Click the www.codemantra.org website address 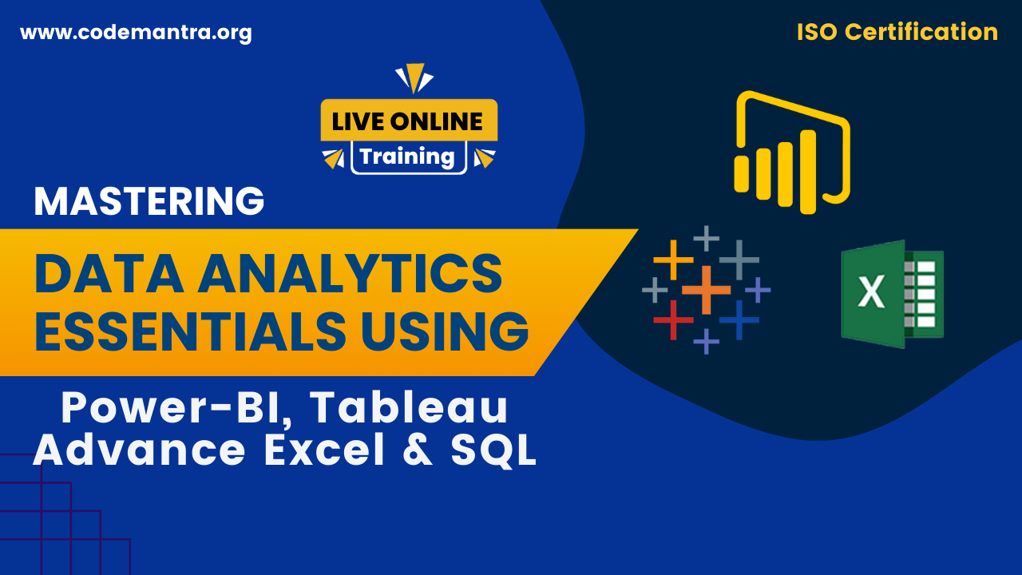136,33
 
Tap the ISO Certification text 897,32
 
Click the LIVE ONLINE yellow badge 409,120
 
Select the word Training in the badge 407,157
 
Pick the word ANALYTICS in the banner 350,273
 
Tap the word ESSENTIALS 190,331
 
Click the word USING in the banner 446,331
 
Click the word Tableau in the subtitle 409,407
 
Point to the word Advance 139,450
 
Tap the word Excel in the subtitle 325,450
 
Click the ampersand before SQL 418,450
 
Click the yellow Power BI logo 792,153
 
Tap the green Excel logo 893,295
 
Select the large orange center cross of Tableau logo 707,290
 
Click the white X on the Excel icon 871,292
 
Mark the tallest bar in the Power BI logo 808,172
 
